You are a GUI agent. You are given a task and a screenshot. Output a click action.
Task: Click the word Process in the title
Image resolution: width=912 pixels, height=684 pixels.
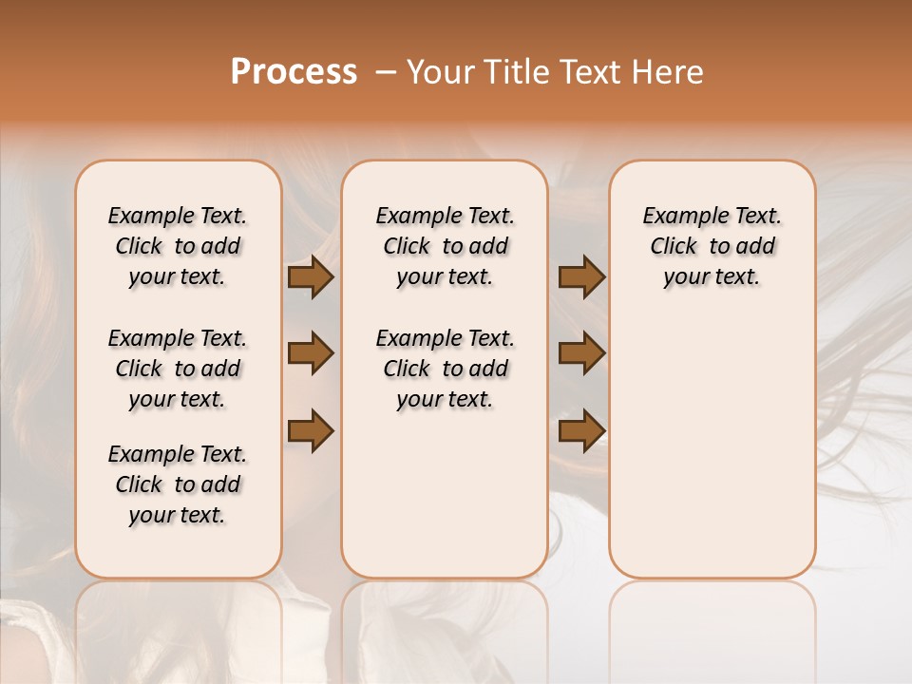294,72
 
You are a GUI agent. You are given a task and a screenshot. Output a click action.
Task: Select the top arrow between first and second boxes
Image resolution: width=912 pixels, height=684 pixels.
311,277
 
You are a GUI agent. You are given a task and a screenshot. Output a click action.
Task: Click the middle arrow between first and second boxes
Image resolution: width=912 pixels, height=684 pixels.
311,353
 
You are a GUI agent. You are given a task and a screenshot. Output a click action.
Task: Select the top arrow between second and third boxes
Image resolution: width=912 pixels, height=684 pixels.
582,277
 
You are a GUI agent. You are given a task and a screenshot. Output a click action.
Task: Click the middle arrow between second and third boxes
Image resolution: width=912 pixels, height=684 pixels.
582,353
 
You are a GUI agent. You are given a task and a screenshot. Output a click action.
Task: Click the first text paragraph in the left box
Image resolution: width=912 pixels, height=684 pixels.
178,246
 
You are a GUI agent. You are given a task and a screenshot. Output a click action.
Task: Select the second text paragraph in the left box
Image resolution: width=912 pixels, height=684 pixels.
178,369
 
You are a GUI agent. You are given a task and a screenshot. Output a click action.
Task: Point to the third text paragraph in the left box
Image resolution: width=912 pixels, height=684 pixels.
178,484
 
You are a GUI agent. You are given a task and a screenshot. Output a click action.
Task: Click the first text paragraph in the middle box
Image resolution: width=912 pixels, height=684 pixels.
445,246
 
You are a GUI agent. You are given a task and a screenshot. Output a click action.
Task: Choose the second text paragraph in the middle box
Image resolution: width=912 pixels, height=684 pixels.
445,369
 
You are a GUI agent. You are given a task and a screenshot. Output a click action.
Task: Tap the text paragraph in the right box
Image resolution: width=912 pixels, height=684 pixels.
712,246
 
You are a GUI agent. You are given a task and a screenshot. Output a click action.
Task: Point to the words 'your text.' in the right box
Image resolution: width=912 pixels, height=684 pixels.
712,277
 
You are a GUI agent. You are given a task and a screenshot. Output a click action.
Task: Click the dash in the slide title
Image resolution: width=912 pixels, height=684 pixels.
386,72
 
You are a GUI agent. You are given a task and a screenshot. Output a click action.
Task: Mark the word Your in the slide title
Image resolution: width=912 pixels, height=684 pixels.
440,72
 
